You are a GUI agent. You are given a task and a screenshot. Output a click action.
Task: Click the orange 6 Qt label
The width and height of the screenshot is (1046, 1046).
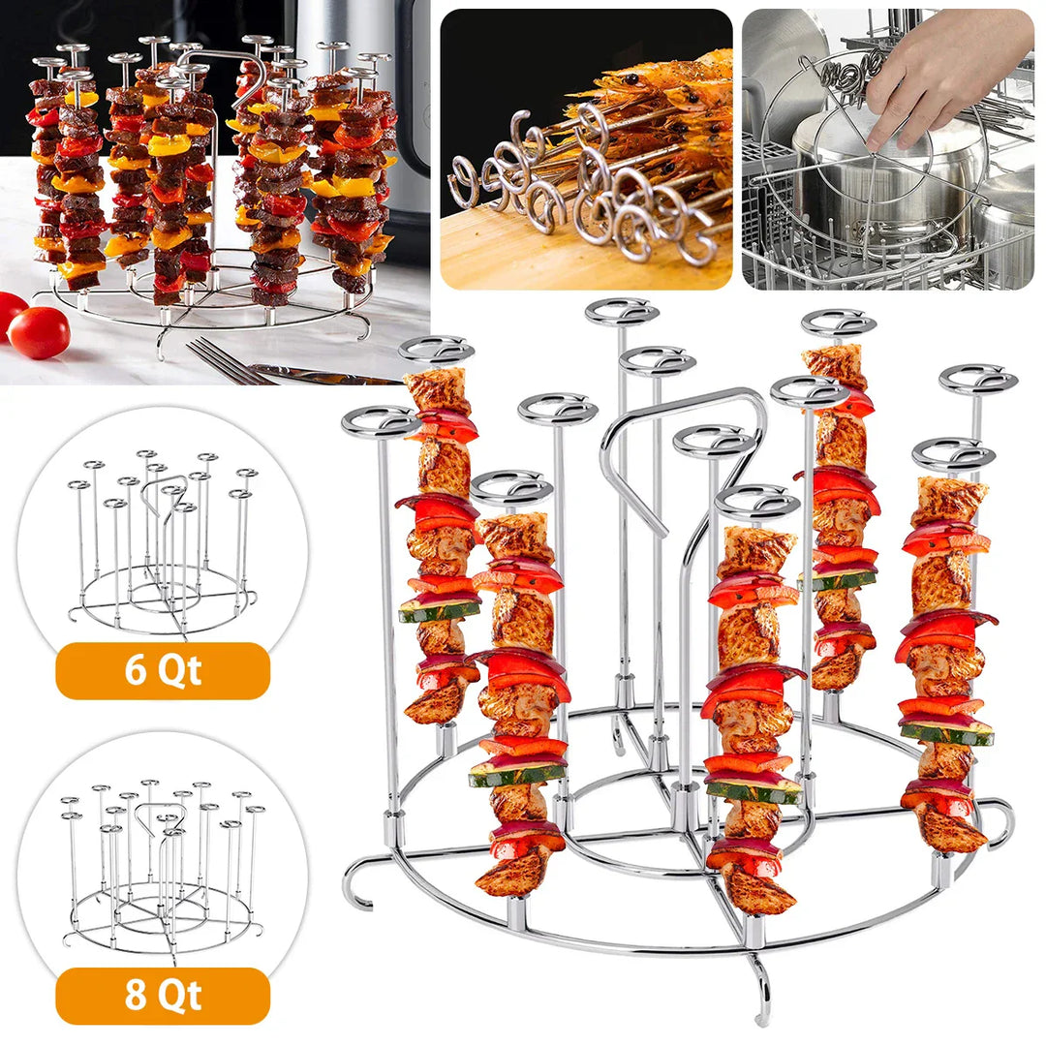pyautogui.click(x=162, y=670)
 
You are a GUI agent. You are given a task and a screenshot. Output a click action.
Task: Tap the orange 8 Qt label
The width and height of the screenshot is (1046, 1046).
pyautogui.click(x=162, y=996)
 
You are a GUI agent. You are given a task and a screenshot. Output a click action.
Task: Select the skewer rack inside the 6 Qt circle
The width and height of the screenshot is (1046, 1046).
pyautogui.click(x=163, y=542)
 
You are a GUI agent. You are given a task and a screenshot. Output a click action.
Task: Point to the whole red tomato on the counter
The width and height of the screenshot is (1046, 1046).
pyautogui.click(x=39, y=332)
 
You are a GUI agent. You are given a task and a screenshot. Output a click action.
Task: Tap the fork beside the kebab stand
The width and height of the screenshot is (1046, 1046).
pyautogui.click(x=223, y=360)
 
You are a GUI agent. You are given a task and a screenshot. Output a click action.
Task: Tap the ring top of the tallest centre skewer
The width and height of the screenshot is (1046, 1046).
pyautogui.click(x=622, y=312)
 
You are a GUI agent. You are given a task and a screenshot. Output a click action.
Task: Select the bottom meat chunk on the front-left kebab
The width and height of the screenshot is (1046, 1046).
pyautogui.click(x=508, y=872)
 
